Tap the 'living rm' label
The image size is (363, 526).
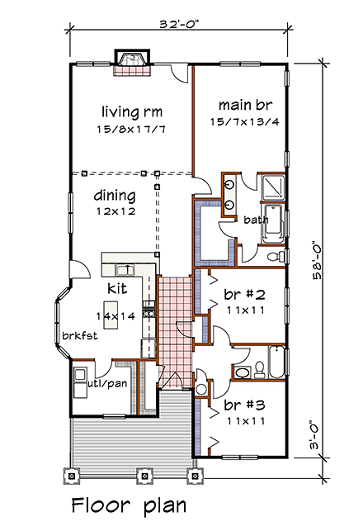pos(131,111)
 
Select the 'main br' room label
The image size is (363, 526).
pos(240,105)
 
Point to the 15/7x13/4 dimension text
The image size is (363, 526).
pos(240,123)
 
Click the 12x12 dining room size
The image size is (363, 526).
pos(114,211)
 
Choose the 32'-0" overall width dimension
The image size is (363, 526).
pos(179,26)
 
